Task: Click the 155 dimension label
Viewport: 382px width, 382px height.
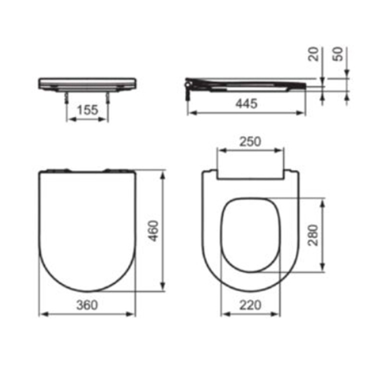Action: click(87, 110)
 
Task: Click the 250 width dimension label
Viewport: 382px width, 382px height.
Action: click(250, 141)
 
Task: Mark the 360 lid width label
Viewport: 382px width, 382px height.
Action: click(87, 305)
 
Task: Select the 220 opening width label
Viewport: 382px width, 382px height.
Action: click(250, 305)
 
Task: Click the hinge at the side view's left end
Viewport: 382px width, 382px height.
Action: click(189, 86)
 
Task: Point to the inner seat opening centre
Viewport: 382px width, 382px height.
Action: click(250, 235)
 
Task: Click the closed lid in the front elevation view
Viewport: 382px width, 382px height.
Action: click(87, 82)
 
